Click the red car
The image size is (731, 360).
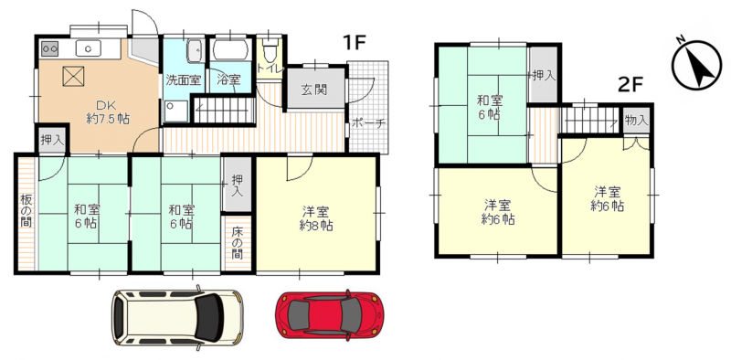point(330,314)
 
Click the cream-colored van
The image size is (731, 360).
point(177,317)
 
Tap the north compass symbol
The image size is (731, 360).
point(696,65)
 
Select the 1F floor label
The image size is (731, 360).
point(354,43)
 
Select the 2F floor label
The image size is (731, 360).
point(630,84)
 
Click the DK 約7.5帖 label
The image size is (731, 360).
point(108,111)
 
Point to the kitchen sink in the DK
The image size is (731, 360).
point(88,48)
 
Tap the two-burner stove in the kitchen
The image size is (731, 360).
point(49,48)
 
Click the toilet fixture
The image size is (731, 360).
point(270,49)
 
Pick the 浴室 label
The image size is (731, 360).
point(228,79)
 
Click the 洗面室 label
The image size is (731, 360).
point(184,79)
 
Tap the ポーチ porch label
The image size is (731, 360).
point(368,123)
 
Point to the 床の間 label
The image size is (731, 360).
point(238,242)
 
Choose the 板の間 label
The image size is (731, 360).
point(26,211)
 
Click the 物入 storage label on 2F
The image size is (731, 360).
point(636,120)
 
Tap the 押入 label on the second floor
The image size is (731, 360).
point(544,76)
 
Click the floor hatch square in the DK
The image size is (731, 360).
point(73,76)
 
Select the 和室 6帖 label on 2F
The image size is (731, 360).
point(489,107)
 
